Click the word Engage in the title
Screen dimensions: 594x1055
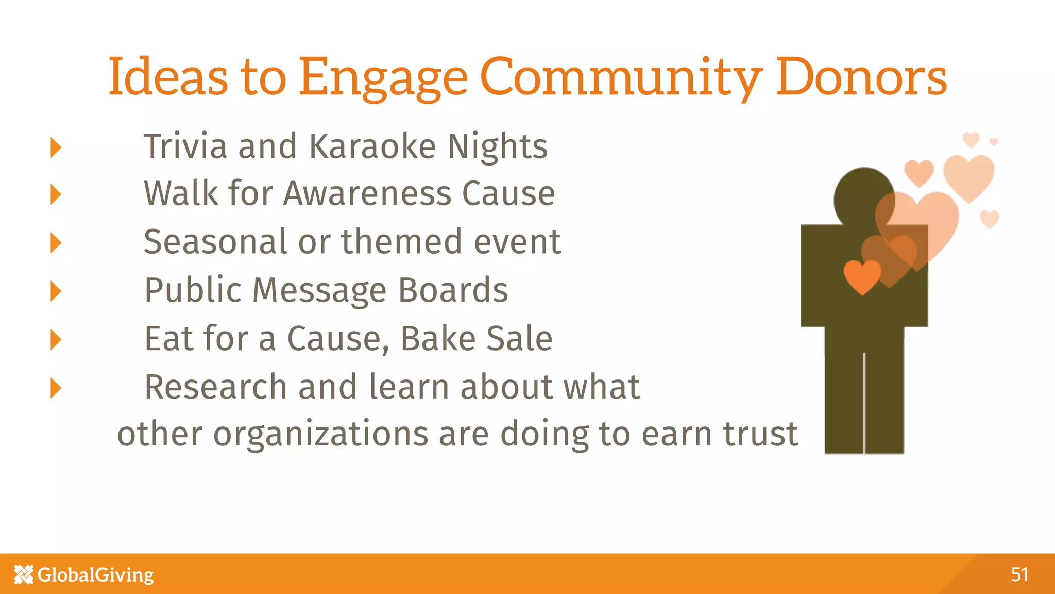coord(383,77)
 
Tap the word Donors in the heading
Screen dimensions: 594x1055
coord(861,77)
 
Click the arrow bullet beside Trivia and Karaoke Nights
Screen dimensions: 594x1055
coord(56,147)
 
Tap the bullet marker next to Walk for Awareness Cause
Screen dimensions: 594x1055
coord(56,195)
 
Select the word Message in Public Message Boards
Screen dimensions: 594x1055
coord(319,290)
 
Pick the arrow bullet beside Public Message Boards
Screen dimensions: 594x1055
coord(56,291)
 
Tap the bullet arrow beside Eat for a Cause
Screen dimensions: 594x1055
coord(56,340)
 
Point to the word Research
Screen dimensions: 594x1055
coord(215,387)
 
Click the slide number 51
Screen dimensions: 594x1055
coord(1019,574)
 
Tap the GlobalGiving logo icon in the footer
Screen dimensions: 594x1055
coord(24,574)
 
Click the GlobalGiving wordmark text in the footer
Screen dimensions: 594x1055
coord(96,574)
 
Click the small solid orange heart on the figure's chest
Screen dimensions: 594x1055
coord(862,276)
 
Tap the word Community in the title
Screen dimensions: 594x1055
coord(621,77)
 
